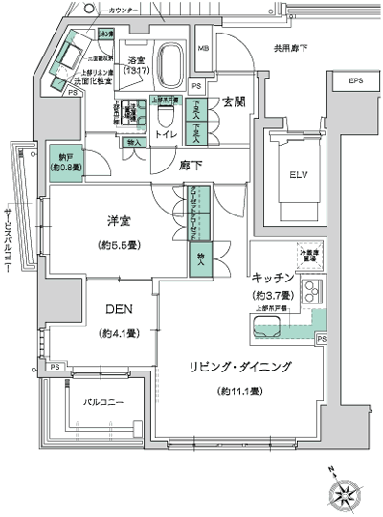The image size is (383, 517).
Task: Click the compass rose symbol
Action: pyautogui.click(x=346, y=494)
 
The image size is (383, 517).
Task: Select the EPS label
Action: pyautogui.click(x=355, y=80)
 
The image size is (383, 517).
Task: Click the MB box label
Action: pyautogui.click(x=203, y=48)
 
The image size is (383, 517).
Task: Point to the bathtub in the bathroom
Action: pyautogui.click(x=172, y=63)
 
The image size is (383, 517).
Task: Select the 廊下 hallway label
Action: pyautogui.click(x=191, y=165)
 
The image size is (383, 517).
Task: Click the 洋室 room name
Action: pyautogui.click(x=121, y=222)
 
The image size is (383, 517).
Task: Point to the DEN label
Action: pyautogui.click(x=119, y=310)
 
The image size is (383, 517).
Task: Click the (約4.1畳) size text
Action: pyautogui.click(x=120, y=334)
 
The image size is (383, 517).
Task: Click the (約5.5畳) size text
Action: pyautogui.click(x=121, y=245)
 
